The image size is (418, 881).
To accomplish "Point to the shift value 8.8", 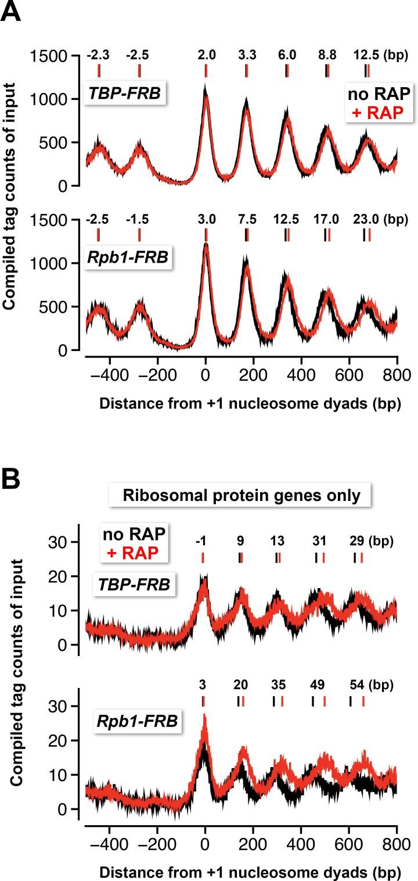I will (327, 55).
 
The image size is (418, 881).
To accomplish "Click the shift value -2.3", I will (98, 55).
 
